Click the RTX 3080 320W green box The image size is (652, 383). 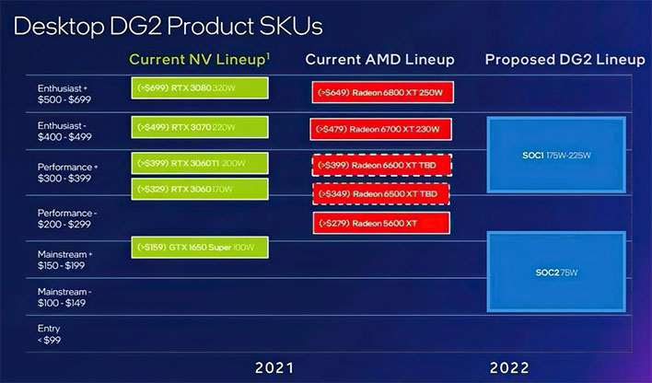200,91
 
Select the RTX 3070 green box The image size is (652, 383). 200,127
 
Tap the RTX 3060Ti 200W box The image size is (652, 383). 200,163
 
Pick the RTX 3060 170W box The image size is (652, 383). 200,190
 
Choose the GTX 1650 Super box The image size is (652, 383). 200,247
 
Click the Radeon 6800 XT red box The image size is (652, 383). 380,92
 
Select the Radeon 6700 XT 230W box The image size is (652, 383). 380,128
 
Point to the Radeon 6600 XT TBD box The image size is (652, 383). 380,165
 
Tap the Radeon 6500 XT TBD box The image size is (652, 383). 380,195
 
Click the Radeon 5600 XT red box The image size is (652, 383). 380,223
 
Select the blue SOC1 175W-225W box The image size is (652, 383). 555,156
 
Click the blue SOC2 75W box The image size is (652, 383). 555,273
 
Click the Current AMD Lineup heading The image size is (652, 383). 380,60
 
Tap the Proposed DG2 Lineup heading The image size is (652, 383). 565,60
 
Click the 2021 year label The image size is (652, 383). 280,367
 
